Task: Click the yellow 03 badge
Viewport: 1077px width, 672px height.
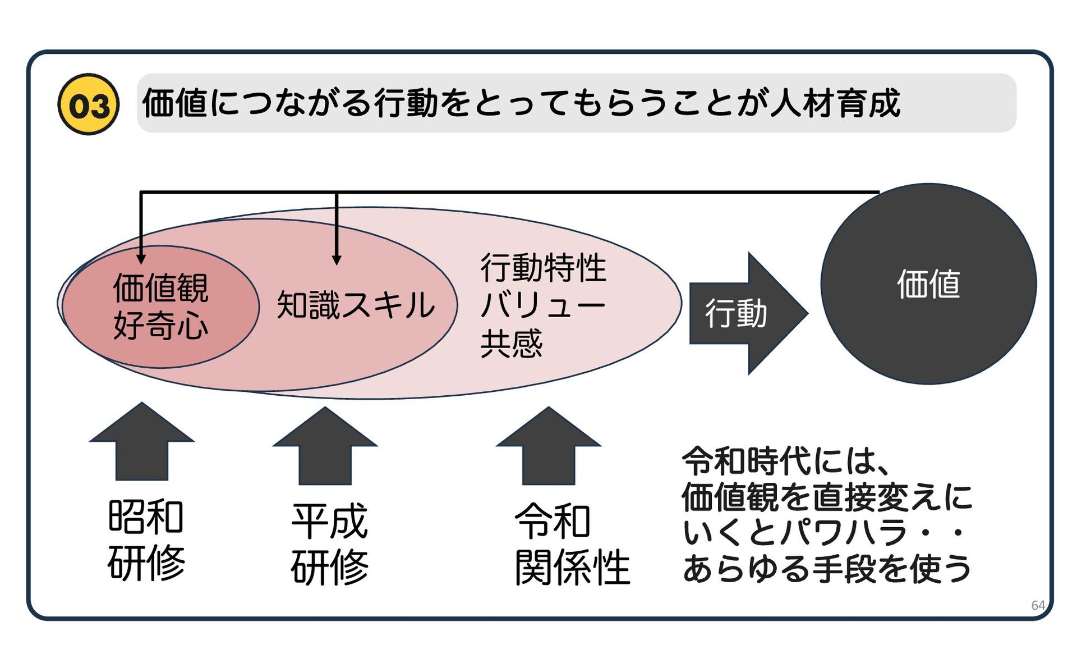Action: tap(89, 104)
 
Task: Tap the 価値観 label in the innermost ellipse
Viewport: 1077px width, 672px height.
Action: tap(161, 288)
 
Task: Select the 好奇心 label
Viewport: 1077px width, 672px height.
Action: tap(161, 326)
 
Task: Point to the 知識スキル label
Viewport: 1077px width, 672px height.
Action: tap(356, 305)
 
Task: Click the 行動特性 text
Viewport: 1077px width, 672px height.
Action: tap(543, 268)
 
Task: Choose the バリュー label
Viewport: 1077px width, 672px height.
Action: tap(543, 305)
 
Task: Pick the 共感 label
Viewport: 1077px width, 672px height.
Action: tap(512, 344)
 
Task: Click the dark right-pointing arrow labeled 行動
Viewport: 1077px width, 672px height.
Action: tap(746, 313)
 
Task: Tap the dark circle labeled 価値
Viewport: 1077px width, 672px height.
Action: tap(928, 284)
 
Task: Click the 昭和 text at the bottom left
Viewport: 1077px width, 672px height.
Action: tap(146, 517)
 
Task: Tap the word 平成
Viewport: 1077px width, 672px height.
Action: tap(329, 522)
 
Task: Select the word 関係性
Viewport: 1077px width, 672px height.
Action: tap(572, 568)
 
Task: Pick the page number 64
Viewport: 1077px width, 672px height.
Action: tap(1038, 605)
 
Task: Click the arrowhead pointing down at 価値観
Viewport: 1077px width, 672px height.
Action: tap(141, 259)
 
